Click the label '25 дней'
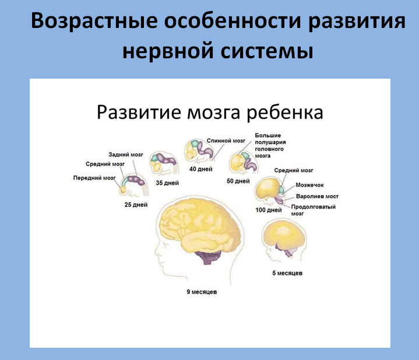click(136, 205)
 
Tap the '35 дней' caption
click(167, 183)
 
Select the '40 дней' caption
click(201, 169)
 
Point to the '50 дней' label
click(238, 181)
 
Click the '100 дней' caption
click(269, 210)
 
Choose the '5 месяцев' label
click(287, 273)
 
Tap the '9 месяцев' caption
click(202, 292)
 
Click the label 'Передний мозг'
click(94, 178)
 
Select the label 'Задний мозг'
click(126, 154)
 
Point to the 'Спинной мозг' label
click(226, 141)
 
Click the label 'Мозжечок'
click(309, 185)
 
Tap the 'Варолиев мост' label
click(317, 196)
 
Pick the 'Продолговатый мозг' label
click(313, 210)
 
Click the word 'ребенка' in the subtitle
click(284, 112)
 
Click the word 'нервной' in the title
click(168, 51)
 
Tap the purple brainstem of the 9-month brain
click(209, 257)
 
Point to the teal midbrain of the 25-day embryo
click(125, 182)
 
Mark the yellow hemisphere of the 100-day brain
click(267, 188)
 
